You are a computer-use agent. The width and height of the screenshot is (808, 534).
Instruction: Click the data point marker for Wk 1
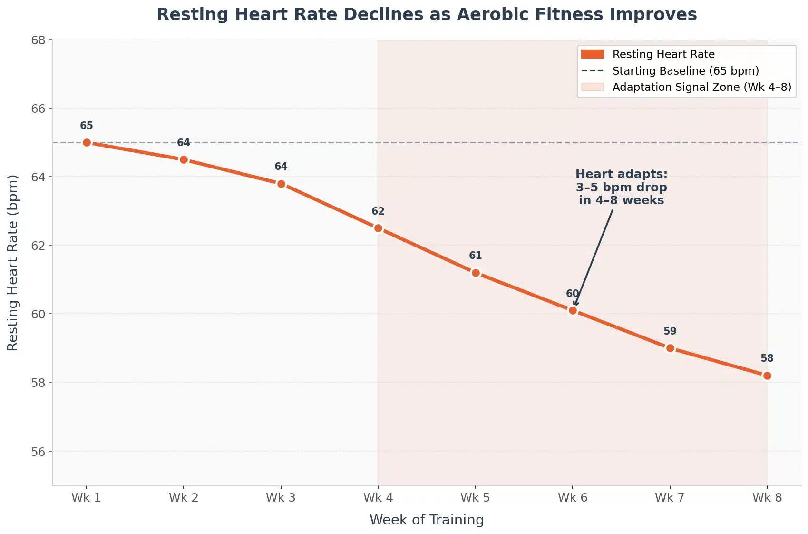coord(87,142)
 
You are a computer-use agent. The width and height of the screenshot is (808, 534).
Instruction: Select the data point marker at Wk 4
coord(378,228)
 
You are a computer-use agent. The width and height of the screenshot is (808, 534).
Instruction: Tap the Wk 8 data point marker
coord(767,376)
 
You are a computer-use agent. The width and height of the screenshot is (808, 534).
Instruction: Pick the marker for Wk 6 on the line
coord(573,310)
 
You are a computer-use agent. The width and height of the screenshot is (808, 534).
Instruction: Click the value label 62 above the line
coord(378,211)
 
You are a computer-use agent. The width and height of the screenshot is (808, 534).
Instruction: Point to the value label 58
coord(767,358)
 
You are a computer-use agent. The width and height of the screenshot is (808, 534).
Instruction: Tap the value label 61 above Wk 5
coord(475,256)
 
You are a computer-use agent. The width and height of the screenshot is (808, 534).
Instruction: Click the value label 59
coord(670,331)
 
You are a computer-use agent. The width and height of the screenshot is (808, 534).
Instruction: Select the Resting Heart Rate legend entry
coord(663,54)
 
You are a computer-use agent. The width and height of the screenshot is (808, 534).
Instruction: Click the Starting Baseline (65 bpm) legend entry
coord(685,71)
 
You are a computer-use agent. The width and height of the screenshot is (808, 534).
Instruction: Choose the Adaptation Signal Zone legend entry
coord(701,87)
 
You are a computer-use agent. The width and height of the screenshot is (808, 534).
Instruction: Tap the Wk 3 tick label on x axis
coord(281,498)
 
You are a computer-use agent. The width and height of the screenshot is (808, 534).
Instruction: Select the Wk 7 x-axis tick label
coord(670,498)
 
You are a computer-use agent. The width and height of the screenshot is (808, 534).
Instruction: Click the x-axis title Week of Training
coord(427,520)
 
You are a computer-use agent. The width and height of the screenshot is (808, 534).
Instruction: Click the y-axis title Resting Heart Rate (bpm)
coord(13,263)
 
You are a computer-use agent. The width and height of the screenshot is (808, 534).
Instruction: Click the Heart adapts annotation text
coord(621,187)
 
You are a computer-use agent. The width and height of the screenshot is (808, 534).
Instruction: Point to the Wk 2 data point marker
coord(184,159)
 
